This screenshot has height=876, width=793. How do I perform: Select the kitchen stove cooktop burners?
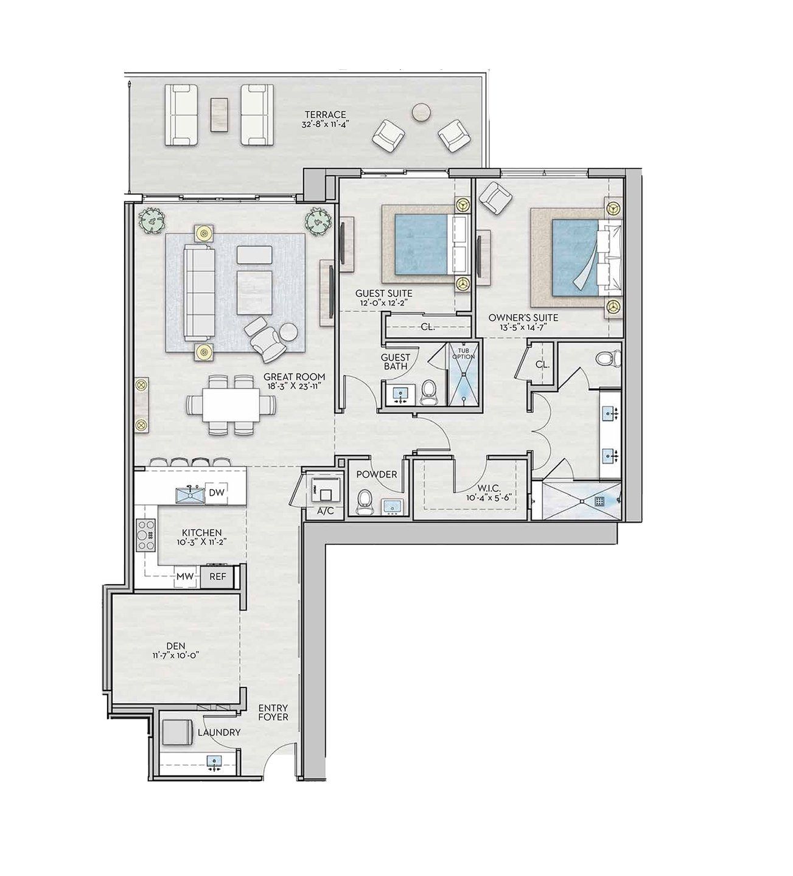[146, 535]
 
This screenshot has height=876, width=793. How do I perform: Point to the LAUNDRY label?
[219, 732]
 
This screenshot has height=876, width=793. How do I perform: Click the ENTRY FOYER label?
[273, 713]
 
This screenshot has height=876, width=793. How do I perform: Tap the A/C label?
[326, 511]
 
